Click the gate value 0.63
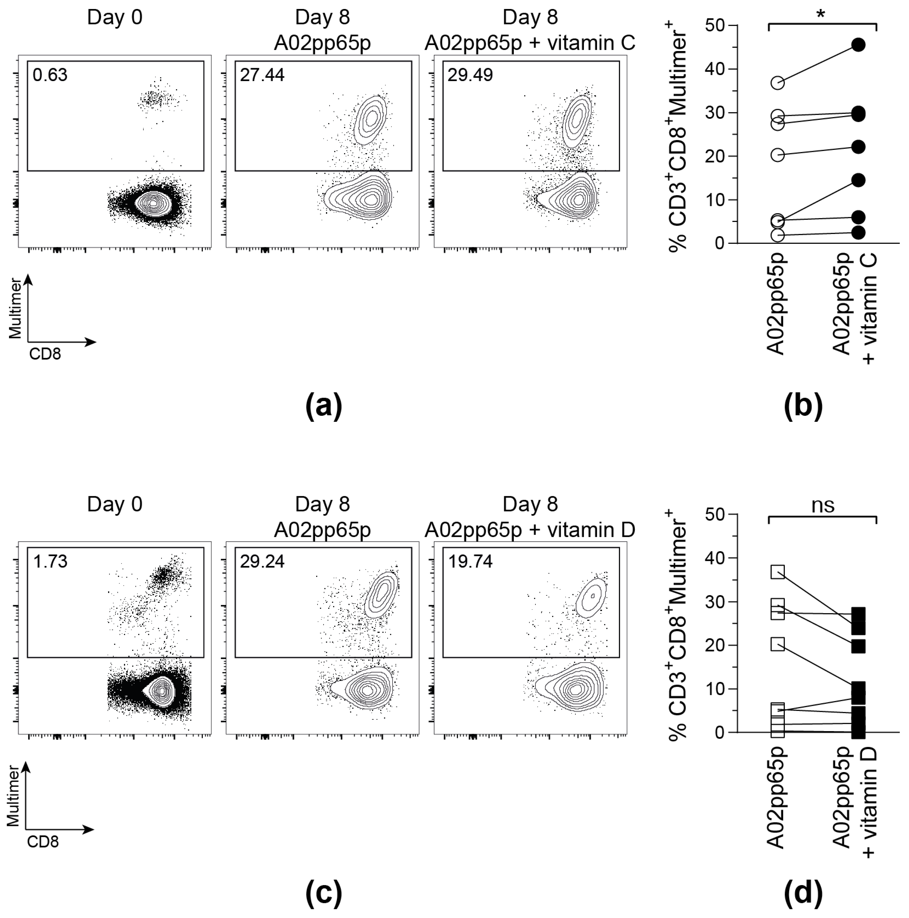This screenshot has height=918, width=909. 50,75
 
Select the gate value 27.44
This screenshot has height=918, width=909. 262,75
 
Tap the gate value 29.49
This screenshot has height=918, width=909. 470,75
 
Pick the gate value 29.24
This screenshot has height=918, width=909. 262,562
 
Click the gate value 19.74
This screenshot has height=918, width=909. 470,562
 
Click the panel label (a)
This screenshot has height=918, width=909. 323,406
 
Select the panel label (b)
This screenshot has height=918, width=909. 803,406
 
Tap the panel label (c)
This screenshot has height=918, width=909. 323,893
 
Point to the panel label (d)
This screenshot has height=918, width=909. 803,893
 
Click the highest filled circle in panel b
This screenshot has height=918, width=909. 858,45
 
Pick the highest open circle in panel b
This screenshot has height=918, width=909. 777,83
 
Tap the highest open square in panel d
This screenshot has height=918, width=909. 777,572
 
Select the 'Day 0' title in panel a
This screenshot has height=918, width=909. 115,18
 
